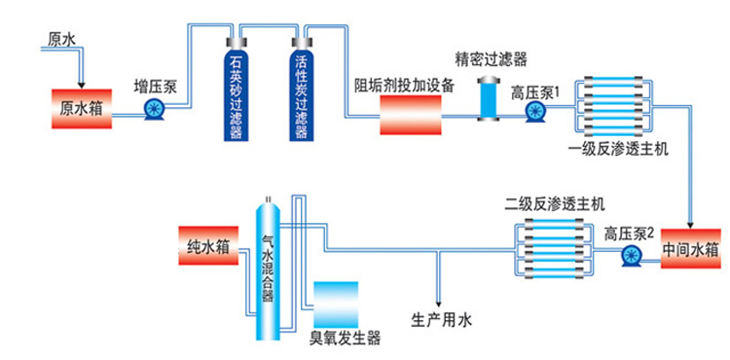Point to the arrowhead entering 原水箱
click(83, 85)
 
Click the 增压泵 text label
click(155, 85)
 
